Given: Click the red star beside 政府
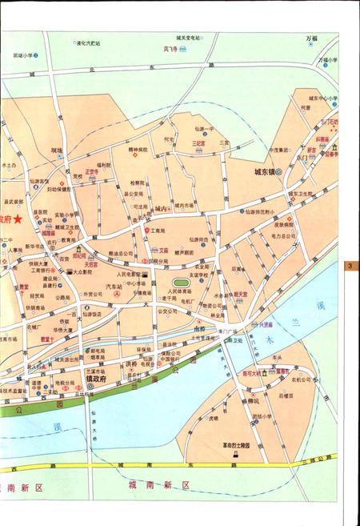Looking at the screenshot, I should coord(18,219).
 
